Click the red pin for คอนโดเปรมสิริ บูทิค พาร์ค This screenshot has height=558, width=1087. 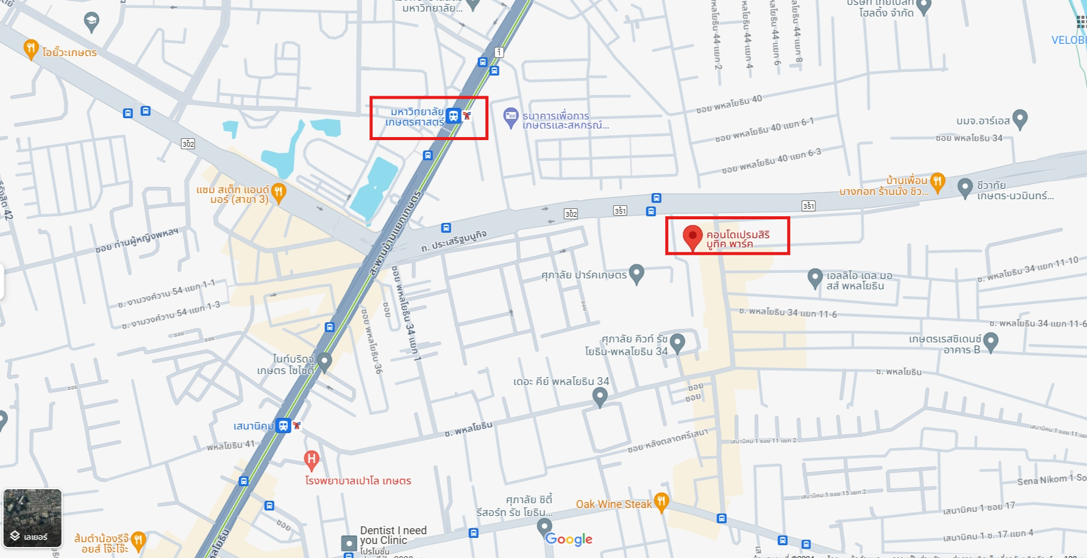pyautogui.click(x=692, y=236)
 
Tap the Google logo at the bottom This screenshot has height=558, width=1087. pyautogui.click(x=569, y=539)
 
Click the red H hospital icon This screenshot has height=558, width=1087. pyautogui.click(x=312, y=459)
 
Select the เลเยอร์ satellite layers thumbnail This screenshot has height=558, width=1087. pyautogui.click(x=33, y=518)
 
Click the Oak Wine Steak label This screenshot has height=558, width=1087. pyautogui.click(x=613, y=504)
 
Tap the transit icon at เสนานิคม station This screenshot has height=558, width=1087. pyautogui.click(x=283, y=425)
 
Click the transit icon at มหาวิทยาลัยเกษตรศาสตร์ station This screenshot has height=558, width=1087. pyautogui.click(x=453, y=115)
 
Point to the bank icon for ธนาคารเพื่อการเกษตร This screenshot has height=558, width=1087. pyautogui.click(x=510, y=117)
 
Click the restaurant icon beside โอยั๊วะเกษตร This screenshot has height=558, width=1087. pyautogui.click(x=30, y=49)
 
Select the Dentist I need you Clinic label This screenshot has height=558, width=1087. pyautogui.click(x=393, y=535)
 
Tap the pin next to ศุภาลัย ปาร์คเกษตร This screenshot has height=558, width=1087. pyautogui.click(x=636, y=274)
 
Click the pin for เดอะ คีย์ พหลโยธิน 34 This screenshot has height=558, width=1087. pyautogui.click(x=600, y=397)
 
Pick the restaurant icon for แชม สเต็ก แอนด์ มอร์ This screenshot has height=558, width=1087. pyautogui.click(x=279, y=192)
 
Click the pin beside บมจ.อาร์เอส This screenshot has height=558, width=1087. pyautogui.click(x=1019, y=119)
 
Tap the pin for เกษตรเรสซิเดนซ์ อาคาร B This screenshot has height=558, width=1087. pyautogui.click(x=991, y=341)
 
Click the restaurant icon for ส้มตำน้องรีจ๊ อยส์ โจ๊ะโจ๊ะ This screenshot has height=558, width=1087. pyautogui.click(x=138, y=540)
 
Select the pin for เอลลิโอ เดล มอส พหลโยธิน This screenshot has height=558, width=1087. pyautogui.click(x=815, y=278)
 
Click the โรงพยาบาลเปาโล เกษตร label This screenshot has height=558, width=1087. pyautogui.click(x=358, y=481)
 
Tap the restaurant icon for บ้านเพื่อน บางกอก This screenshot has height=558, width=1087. pyautogui.click(x=938, y=181)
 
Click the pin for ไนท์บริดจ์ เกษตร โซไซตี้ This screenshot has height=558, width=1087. pyautogui.click(x=324, y=362)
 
